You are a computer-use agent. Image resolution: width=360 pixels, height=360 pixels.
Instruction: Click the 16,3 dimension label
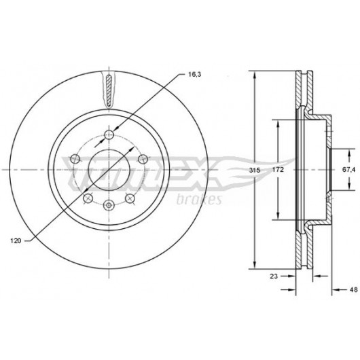[x=194, y=75]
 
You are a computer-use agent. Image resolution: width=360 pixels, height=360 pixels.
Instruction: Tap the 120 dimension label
[x=16, y=241]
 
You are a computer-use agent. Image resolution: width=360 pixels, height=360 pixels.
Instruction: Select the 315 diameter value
[x=255, y=170]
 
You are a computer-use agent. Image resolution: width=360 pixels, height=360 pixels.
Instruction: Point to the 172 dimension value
[x=278, y=170]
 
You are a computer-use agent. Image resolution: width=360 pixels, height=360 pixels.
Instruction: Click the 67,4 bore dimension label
[x=348, y=170]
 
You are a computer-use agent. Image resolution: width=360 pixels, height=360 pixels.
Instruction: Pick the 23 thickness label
[x=274, y=276]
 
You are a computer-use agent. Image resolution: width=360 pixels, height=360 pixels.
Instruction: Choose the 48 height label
[x=354, y=289]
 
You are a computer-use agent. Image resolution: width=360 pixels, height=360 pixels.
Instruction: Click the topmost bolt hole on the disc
[x=109, y=134]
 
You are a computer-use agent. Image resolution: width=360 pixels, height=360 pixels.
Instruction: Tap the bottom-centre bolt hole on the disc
[x=109, y=205]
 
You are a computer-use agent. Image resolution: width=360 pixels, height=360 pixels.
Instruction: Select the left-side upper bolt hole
[x=75, y=158]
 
